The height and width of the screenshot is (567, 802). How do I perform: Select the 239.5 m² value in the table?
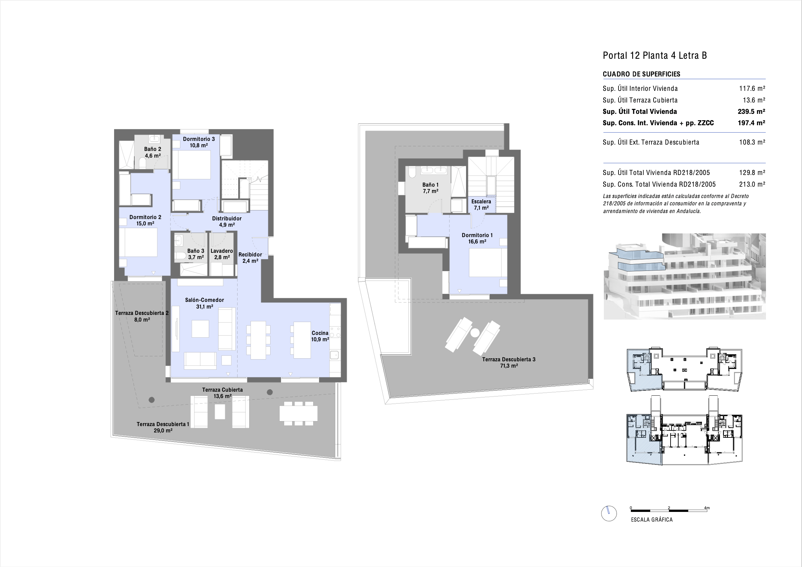[x=751, y=112]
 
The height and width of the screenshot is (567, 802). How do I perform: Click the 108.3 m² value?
[x=752, y=142]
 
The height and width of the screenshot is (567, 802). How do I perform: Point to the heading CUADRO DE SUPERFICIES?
[x=641, y=74]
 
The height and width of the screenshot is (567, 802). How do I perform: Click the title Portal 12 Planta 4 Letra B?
[x=655, y=55]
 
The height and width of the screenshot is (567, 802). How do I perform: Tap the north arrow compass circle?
[x=609, y=514]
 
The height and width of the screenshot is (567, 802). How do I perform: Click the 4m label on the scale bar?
[x=707, y=508]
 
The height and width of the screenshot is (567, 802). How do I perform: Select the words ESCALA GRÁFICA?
[x=652, y=520]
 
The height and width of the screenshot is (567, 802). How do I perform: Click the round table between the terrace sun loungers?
[x=475, y=333]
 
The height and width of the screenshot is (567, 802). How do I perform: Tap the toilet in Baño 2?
[x=142, y=163]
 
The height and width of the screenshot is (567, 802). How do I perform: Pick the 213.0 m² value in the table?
[x=752, y=184]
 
